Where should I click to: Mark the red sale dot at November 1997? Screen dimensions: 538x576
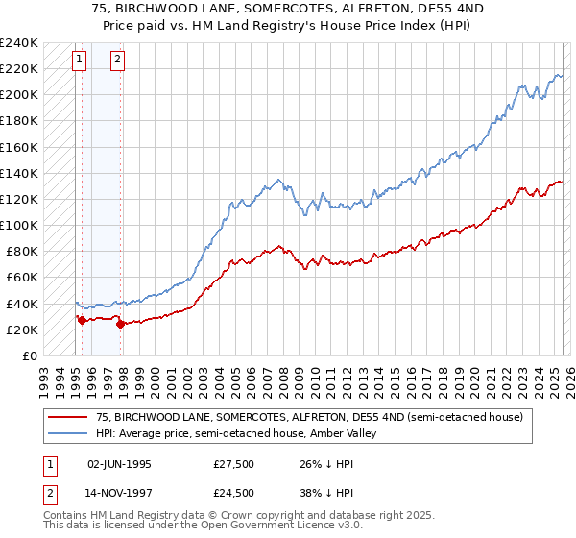pyautogui.click(x=121, y=324)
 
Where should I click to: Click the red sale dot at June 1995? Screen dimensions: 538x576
pyautogui.click(x=82, y=320)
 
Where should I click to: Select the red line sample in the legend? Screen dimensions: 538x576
pyautogui.click(x=68, y=418)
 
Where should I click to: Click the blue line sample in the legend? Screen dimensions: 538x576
pyautogui.click(x=68, y=433)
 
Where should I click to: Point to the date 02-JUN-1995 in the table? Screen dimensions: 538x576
pyautogui.click(x=119, y=463)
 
